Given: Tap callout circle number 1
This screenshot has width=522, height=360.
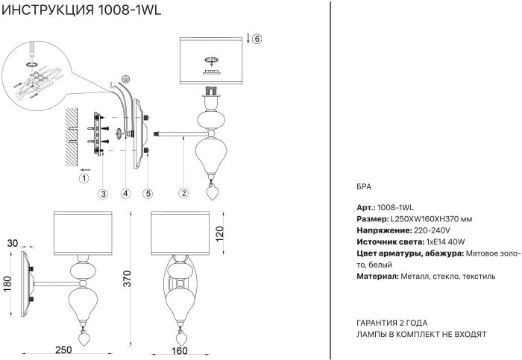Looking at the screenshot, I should point(84,178).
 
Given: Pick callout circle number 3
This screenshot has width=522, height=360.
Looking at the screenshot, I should point(104,193).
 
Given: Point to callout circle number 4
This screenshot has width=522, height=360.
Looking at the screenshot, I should point(125,193).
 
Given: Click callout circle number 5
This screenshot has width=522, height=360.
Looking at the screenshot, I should point(148,193).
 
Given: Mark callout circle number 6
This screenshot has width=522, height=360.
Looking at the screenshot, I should point(257,39).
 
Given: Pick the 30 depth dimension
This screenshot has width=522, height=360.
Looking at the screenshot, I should point(12,243).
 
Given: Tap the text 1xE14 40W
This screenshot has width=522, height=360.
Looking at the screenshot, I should point(445,241).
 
